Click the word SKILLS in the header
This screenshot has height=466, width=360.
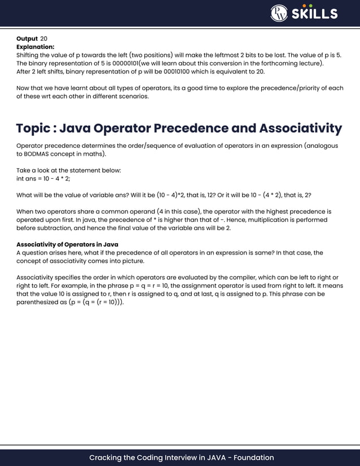click(315, 14)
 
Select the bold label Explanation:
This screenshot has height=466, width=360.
click(36, 47)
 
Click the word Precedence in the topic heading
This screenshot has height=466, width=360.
click(186, 129)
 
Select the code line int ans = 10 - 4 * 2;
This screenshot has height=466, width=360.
click(43, 178)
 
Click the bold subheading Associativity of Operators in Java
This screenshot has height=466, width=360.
click(67, 244)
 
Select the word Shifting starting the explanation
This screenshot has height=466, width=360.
click(30, 55)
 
